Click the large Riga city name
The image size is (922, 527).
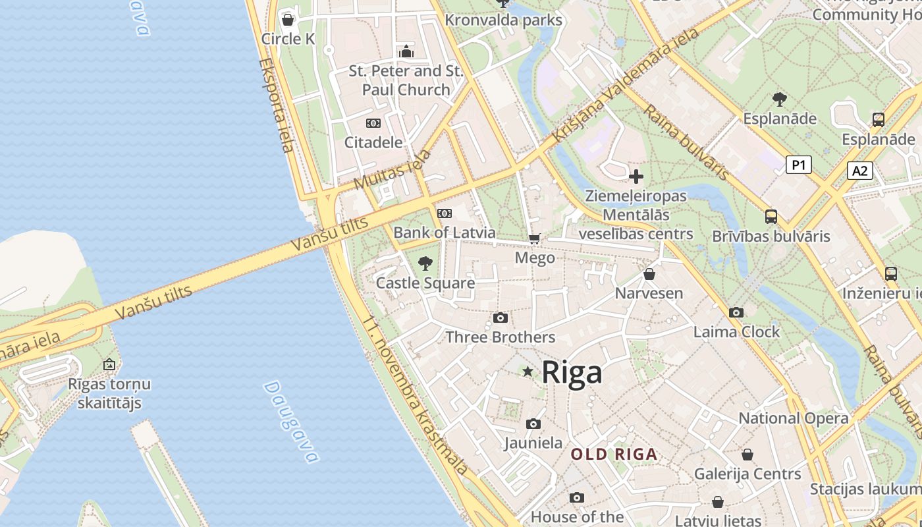[572, 373]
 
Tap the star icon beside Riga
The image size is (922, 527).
[528, 372]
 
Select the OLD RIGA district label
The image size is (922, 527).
[614, 454]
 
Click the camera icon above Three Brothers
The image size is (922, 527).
[501, 318]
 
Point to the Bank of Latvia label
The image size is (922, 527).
[445, 233]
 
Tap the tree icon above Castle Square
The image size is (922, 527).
[425, 263]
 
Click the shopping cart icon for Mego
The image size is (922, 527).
[535, 238]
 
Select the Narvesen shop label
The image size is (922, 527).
[649, 293]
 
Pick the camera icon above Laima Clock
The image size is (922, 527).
[736, 312]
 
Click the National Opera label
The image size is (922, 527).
[793, 418]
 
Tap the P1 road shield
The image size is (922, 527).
[798, 165]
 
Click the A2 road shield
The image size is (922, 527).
[860, 171]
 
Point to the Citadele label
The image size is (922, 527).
[373, 142]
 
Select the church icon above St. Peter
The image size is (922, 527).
[406, 51]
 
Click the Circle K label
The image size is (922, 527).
[288, 39]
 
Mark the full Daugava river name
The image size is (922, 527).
[291, 422]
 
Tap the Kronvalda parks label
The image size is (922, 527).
[504, 20]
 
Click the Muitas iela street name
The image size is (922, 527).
[393, 169]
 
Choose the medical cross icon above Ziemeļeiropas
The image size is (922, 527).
[636, 177]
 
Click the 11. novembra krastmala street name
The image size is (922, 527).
[416, 396]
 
